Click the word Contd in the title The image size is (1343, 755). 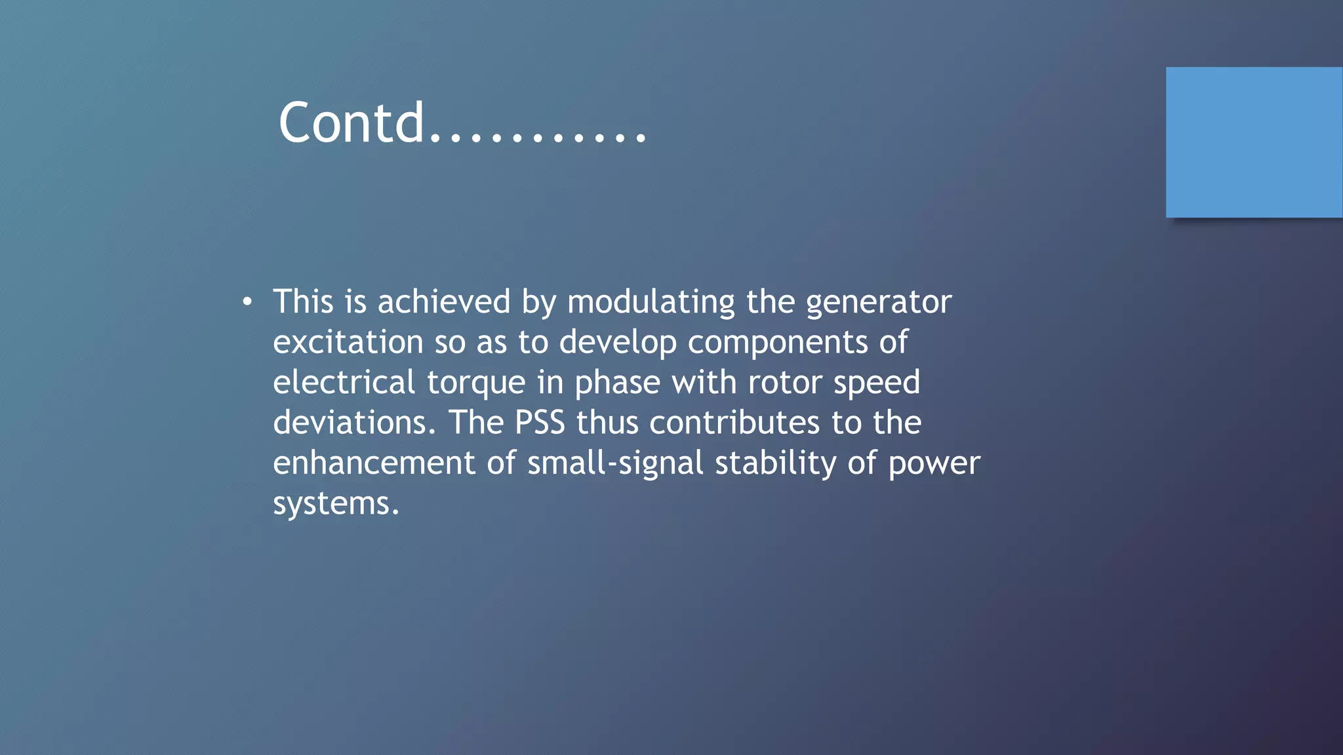351,123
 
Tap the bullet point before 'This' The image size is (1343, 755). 247,302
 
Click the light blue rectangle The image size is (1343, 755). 1254,142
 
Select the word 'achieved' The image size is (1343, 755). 443,302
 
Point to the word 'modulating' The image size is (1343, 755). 651,302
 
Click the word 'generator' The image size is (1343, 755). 878,302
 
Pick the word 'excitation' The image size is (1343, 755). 348,342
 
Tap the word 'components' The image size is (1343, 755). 778,342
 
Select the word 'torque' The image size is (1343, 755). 476,383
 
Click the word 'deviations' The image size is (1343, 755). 353,423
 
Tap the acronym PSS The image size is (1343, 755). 540,423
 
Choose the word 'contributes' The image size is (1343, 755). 734,423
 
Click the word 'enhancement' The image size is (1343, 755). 374,463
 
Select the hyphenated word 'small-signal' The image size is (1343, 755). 615,463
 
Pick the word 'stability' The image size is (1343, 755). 775,463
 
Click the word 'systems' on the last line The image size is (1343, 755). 335,503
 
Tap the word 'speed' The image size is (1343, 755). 877,383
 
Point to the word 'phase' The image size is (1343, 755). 617,383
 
